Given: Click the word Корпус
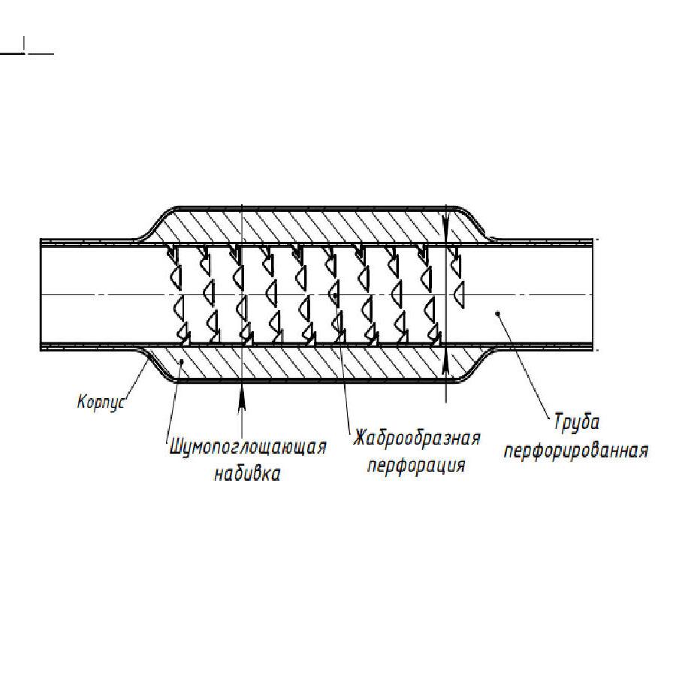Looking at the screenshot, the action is click(101, 402).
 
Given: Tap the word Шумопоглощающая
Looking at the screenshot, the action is click(248, 448).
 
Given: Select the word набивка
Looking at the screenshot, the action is click(247, 473).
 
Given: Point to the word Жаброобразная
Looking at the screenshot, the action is click(416, 439).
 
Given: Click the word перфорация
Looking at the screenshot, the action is click(416, 466).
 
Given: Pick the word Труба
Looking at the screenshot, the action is click(576, 422).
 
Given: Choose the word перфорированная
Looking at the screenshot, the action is click(576, 451).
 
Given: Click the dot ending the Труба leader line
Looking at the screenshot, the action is click(498, 313).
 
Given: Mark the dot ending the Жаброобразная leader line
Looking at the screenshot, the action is click(336, 295).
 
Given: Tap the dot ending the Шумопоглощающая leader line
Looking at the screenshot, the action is click(183, 361).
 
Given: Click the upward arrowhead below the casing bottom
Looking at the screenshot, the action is click(242, 395).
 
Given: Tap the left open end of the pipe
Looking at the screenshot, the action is click(40, 294).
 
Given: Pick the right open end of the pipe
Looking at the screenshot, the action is click(593, 294).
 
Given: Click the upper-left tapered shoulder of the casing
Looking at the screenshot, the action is click(158, 222).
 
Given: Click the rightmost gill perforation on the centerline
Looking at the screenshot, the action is click(459, 294).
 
